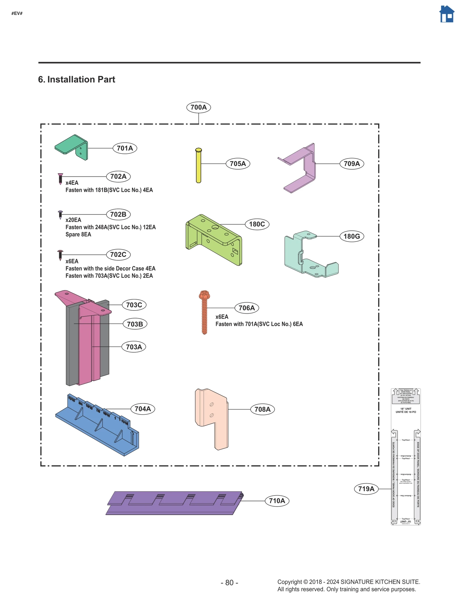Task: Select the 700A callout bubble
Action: tap(199, 107)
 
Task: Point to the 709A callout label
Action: tap(351, 164)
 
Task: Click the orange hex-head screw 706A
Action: tap(204, 313)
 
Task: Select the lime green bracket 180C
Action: tap(214, 240)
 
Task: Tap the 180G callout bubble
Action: tap(351, 236)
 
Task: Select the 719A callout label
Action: tap(366, 489)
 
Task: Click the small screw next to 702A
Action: tap(60, 178)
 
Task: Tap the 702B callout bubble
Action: tap(118, 214)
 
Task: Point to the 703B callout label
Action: tap(135, 324)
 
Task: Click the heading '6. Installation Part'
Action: tap(77, 79)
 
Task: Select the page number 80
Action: tap(229, 583)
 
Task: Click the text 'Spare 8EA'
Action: tap(78, 234)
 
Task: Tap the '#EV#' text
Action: tap(17, 13)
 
